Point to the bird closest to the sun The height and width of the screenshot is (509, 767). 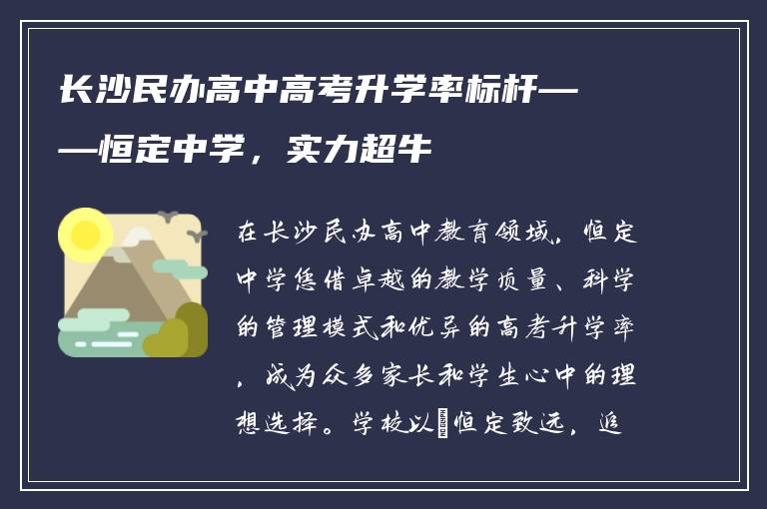(x=167, y=215)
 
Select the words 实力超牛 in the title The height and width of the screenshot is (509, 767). (x=359, y=151)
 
